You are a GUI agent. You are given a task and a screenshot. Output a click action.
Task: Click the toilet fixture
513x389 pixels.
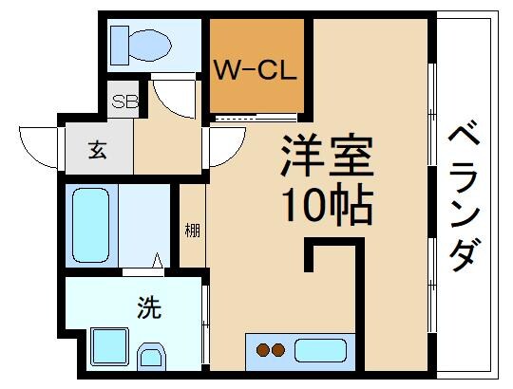coord(140,42)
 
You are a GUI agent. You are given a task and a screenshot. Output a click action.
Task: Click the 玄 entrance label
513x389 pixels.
coord(98,150)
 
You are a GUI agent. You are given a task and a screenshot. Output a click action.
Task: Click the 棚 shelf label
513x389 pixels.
coord(192,231)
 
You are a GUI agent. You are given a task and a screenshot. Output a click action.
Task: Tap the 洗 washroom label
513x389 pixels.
coord(149,307)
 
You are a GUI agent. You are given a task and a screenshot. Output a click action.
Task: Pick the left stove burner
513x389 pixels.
coord(263,350)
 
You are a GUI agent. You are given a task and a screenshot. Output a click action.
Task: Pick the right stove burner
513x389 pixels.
coord(279,350)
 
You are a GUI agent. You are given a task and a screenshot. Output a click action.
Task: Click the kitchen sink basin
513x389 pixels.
coord(320,350)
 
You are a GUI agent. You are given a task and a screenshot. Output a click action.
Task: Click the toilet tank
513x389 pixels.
coord(120,41)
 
